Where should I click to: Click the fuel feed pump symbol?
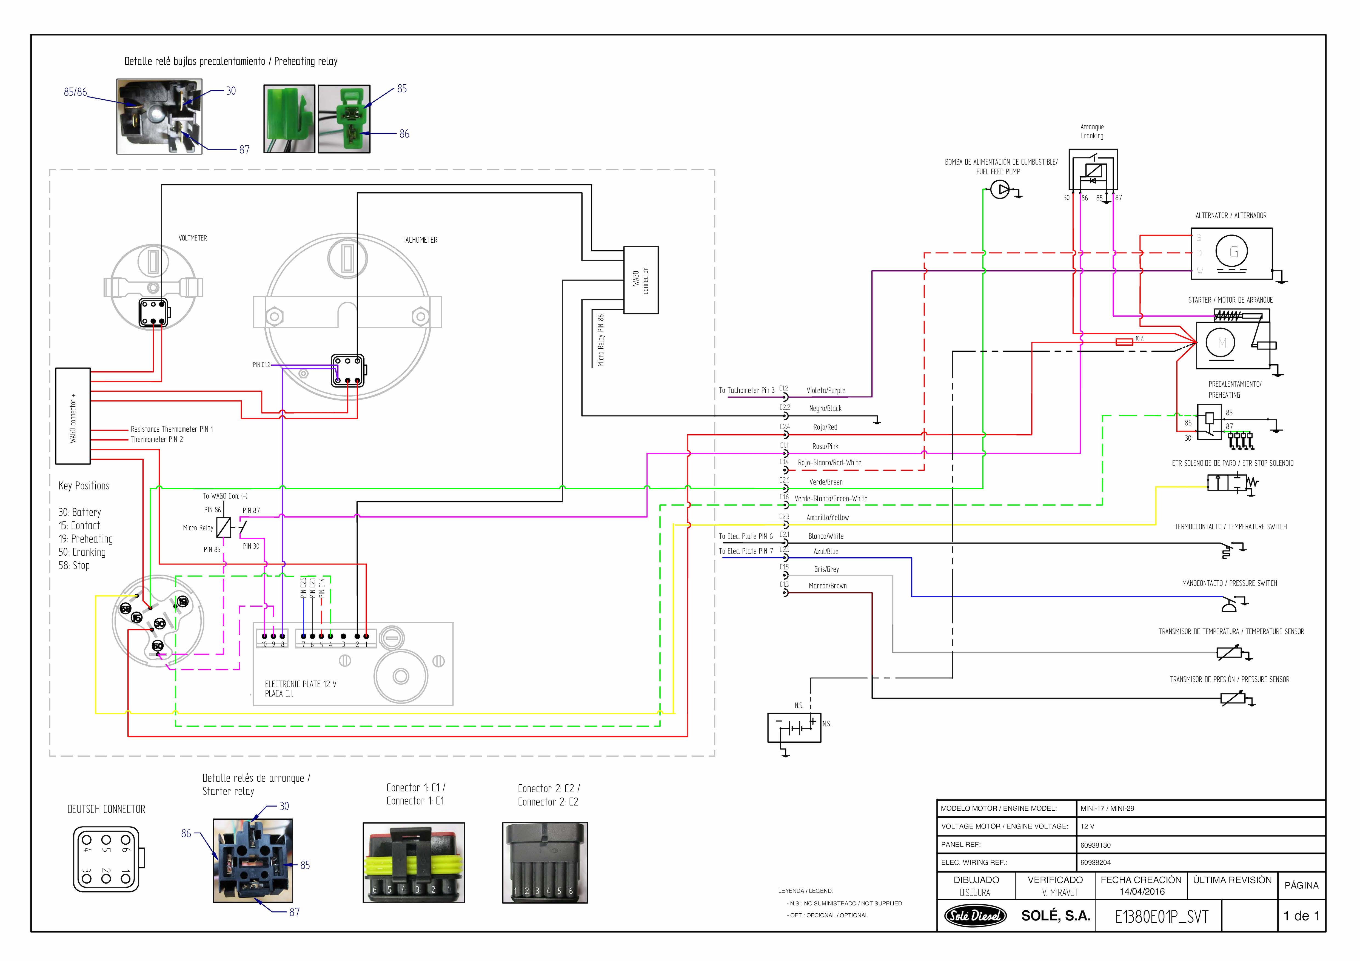pos(1000,190)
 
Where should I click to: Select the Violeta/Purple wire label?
pos(826,391)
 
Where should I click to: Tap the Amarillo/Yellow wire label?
pos(828,518)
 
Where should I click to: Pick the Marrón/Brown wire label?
pos(828,586)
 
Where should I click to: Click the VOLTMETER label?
pos(193,238)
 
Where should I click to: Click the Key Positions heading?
pos(84,486)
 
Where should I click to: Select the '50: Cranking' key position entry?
pos(82,552)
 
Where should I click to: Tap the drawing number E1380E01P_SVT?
pos(1161,917)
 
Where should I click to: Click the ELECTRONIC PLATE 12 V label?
pos(300,684)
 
